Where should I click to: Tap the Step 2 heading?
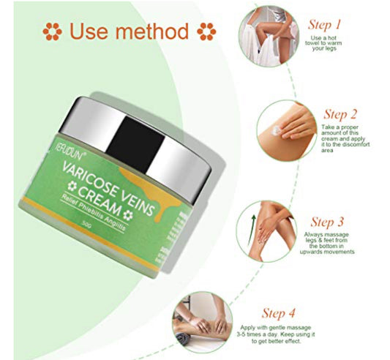pos(341,114)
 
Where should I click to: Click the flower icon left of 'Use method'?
pos(50,32)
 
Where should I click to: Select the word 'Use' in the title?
pos(87,32)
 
